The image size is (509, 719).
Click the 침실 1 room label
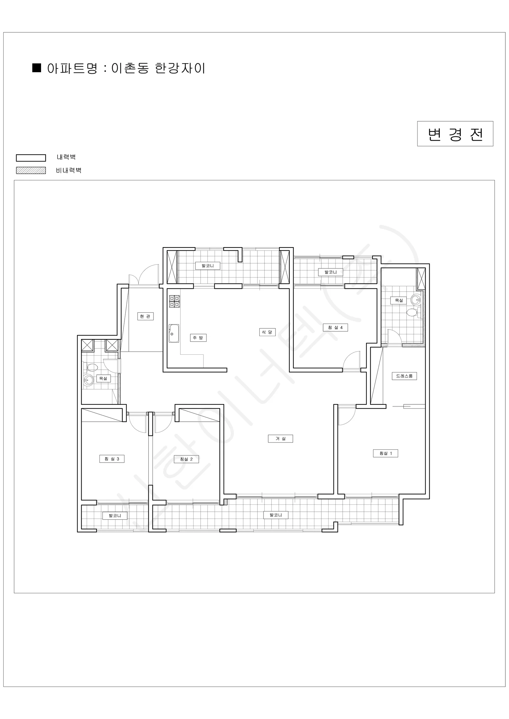(x=385, y=453)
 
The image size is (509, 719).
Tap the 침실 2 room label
(x=186, y=459)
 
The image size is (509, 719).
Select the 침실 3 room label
(x=112, y=459)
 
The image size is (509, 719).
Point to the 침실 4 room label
(x=335, y=327)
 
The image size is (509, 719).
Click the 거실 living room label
(x=281, y=439)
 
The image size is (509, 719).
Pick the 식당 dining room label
(x=267, y=332)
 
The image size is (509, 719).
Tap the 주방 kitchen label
(x=198, y=338)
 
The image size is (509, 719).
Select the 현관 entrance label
(x=145, y=316)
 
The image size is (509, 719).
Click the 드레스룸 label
(x=404, y=376)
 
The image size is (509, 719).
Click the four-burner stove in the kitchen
(x=174, y=301)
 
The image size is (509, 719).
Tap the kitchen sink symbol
(x=174, y=333)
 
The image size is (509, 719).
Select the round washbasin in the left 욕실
(x=89, y=380)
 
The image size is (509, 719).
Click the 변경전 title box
(x=455, y=134)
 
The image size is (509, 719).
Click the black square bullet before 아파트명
(x=37, y=68)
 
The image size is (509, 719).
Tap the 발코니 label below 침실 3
(x=115, y=516)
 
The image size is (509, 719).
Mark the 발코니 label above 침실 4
(x=331, y=272)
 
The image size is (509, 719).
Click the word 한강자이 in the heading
(x=180, y=68)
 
